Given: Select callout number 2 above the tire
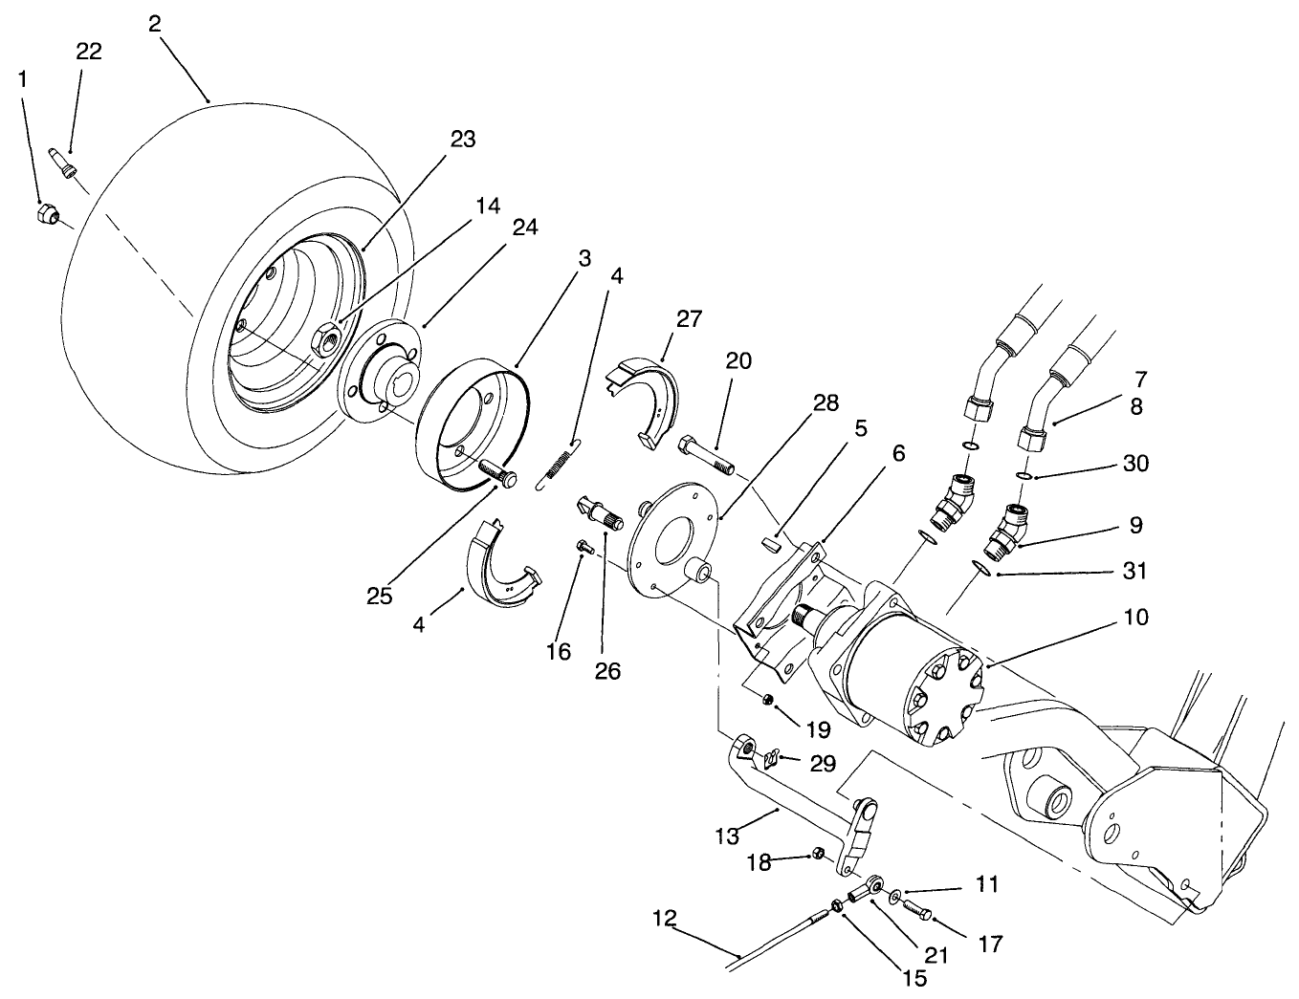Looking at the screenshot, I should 155,24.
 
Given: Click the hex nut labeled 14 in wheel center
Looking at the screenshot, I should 324,337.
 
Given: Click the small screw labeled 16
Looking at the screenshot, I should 584,547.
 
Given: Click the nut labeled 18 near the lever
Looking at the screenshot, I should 819,852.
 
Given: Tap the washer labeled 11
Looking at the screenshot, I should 894,897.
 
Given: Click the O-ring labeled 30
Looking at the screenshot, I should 1023,476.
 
